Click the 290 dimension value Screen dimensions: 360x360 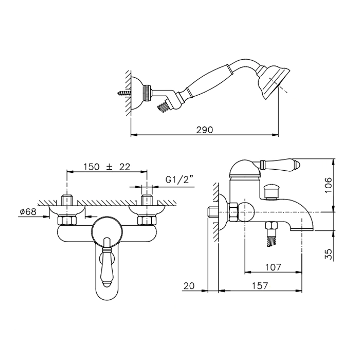click(205, 130)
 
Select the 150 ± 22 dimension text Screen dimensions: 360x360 click(106, 167)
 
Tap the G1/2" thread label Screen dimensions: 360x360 click(179, 179)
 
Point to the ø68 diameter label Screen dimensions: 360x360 click(28, 212)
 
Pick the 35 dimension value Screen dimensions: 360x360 click(329, 254)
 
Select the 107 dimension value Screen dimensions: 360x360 click(273, 267)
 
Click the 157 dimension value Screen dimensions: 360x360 click(260, 285)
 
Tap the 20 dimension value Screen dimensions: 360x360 click(189, 286)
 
